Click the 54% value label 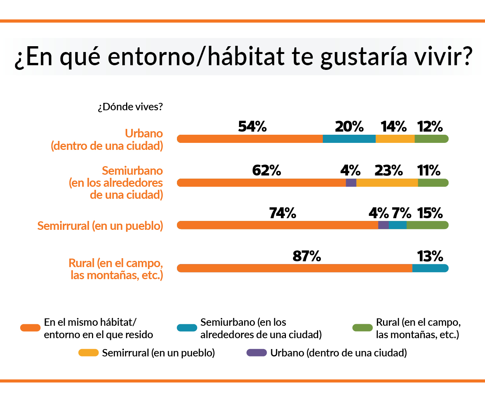click(x=252, y=127)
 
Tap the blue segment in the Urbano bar click(x=349, y=139)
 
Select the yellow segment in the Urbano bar click(x=395, y=139)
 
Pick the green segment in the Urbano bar click(x=431, y=139)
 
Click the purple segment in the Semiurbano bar click(x=351, y=183)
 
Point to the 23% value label click(x=388, y=170)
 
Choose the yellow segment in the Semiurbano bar click(x=387, y=183)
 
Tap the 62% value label click(x=267, y=170)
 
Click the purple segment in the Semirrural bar click(x=383, y=225)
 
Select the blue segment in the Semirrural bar click(x=397, y=225)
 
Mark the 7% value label click(x=401, y=213)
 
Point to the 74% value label click(x=282, y=213)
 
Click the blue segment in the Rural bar click(x=430, y=268)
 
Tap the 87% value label click(x=307, y=256)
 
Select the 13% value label click(x=430, y=256)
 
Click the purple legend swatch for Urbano click(x=256, y=353)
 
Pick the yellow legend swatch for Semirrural click(x=88, y=353)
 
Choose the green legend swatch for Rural click(x=362, y=328)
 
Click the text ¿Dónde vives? click(x=130, y=107)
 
